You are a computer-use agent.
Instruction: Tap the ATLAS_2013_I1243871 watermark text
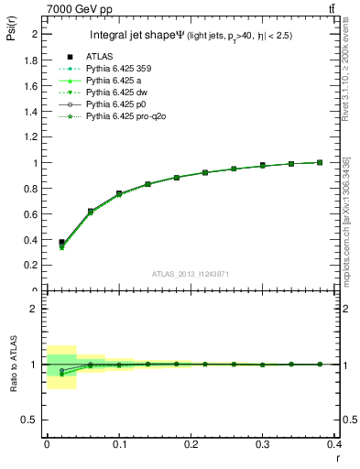pos(191,275)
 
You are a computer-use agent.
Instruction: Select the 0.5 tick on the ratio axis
pos(33,420)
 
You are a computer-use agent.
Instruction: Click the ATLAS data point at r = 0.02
pos(61,243)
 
